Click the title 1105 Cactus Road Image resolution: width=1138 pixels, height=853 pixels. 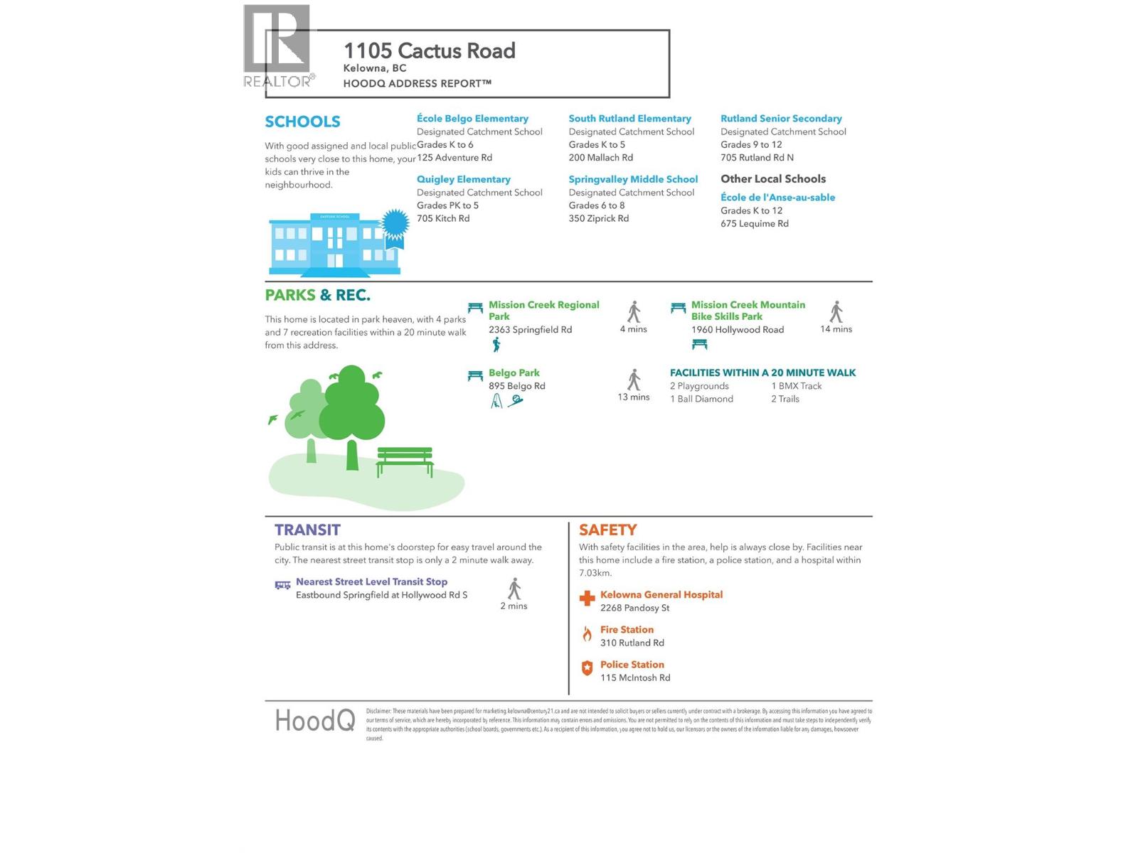coord(429,51)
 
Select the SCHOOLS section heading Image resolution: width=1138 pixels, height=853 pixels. coord(302,122)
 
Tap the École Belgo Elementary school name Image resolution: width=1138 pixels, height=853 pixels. coord(472,119)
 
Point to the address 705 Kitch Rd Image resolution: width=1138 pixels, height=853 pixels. coord(443,218)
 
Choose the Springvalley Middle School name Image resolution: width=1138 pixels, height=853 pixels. coord(633,179)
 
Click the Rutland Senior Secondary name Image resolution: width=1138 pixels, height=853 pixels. coord(781,119)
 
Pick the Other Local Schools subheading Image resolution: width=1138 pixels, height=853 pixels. coord(773,179)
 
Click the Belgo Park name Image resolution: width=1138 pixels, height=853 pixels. coord(514,373)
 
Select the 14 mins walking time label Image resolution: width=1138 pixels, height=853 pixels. coord(836,329)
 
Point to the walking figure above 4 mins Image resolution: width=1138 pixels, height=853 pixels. coord(634,311)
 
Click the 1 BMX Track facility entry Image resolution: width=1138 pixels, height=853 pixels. coord(796,386)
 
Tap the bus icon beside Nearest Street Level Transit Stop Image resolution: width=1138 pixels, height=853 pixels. coord(282,585)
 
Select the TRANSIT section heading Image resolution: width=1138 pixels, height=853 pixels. coord(307,530)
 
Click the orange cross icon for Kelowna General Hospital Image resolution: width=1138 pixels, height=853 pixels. coord(587,599)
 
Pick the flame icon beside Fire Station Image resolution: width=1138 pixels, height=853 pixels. coord(587,634)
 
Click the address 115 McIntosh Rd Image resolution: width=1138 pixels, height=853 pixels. coord(635,678)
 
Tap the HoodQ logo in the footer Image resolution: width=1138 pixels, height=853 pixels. coord(314,721)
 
